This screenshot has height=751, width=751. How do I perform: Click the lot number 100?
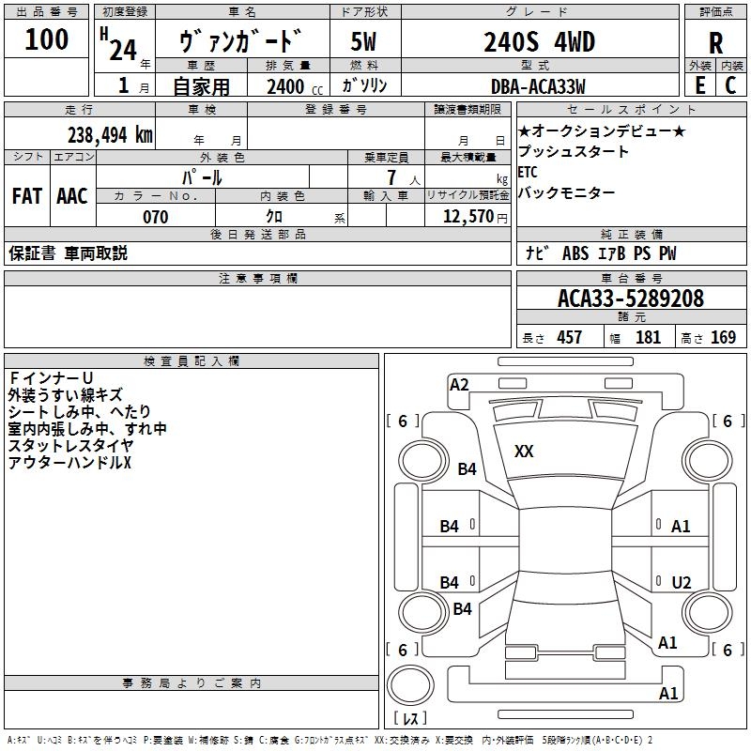(x=47, y=39)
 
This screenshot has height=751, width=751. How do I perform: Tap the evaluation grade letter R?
(x=715, y=42)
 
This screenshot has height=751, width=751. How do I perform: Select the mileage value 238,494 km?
(x=110, y=134)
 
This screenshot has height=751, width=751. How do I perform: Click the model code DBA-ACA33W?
(x=537, y=86)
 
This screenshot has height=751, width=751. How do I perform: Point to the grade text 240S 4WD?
(x=540, y=41)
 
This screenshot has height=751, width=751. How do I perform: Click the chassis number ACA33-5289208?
(x=630, y=299)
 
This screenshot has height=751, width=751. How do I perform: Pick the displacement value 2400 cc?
(x=286, y=86)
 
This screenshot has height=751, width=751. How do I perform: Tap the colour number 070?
(x=155, y=217)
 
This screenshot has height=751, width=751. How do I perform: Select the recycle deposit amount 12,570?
(x=467, y=217)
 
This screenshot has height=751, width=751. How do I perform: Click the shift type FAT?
(x=26, y=196)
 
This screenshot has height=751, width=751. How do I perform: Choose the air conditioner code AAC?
(x=71, y=196)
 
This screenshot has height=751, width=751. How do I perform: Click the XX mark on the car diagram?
(x=524, y=452)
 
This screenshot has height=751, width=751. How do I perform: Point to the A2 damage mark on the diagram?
(x=459, y=384)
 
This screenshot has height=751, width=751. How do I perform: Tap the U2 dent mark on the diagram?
(x=682, y=582)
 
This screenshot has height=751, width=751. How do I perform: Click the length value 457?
(x=569, y=337)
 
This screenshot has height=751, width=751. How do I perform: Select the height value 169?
(x=723, y=337)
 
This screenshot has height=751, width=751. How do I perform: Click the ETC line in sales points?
(x=529, y=172)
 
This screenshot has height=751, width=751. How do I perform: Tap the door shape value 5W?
(x=364, y=41)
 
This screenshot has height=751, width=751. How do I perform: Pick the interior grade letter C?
(x=730, y=85)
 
